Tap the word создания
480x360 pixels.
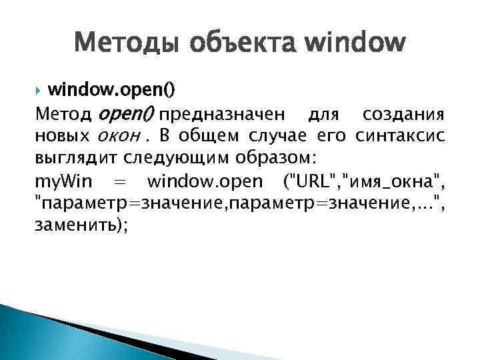pyautogui.click(x=404, y=115)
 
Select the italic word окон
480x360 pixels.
pyautogui.click(x=117, y=137)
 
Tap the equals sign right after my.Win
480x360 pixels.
pyautogui.click(x=121, y=181)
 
